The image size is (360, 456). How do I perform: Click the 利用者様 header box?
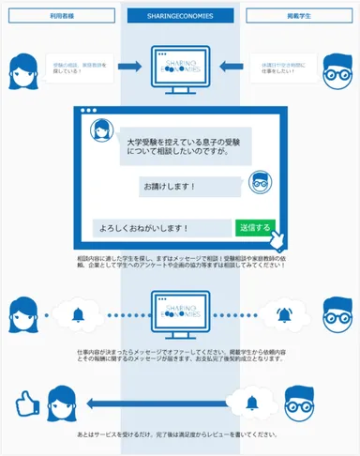point(62,18)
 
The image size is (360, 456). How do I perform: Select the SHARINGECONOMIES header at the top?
point(181,18)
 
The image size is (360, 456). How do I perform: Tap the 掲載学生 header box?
point(298,18)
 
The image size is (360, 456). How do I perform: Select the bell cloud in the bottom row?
point(251,403)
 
